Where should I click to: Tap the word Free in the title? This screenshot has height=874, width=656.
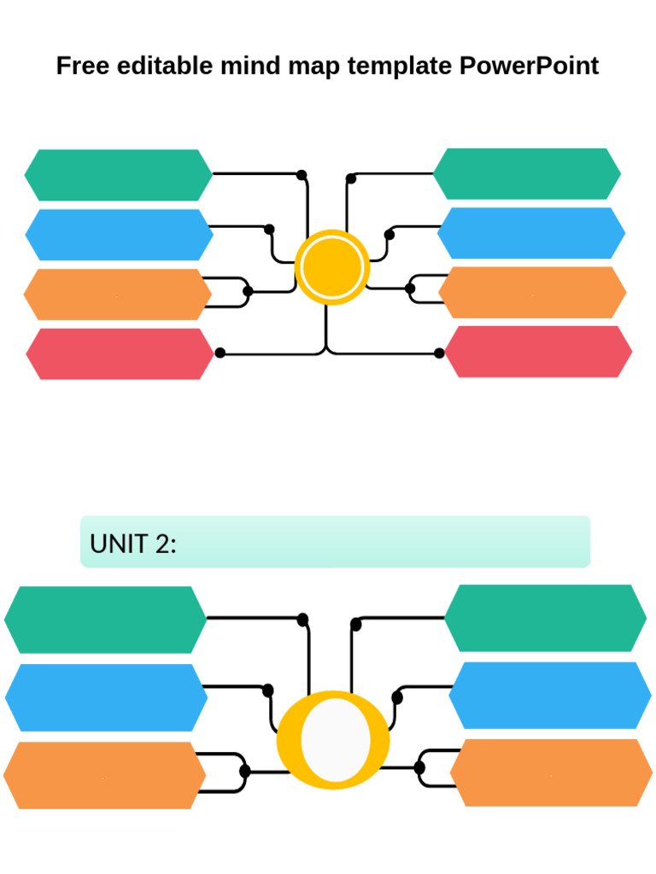83,66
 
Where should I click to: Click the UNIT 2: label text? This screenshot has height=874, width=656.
133,543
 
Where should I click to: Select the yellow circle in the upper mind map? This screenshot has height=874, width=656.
332,267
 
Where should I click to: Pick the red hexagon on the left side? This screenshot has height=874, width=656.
120,354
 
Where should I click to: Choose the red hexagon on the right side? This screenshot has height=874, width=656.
538,352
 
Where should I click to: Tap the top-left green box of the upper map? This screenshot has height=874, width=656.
119,175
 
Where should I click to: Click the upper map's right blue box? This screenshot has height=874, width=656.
531,233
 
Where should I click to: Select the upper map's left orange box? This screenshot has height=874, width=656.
118,294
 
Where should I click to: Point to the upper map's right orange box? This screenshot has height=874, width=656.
532,293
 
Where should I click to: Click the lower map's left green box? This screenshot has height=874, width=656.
105,620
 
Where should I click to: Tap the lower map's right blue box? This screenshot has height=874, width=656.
550,696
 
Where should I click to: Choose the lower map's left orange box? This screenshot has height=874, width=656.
104,775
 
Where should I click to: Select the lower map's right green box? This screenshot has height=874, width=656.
545,618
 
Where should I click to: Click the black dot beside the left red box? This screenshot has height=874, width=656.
220,353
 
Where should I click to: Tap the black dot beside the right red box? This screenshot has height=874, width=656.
439,353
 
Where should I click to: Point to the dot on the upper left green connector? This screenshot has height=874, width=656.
302,175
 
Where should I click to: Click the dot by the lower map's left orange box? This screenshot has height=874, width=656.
245,772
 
